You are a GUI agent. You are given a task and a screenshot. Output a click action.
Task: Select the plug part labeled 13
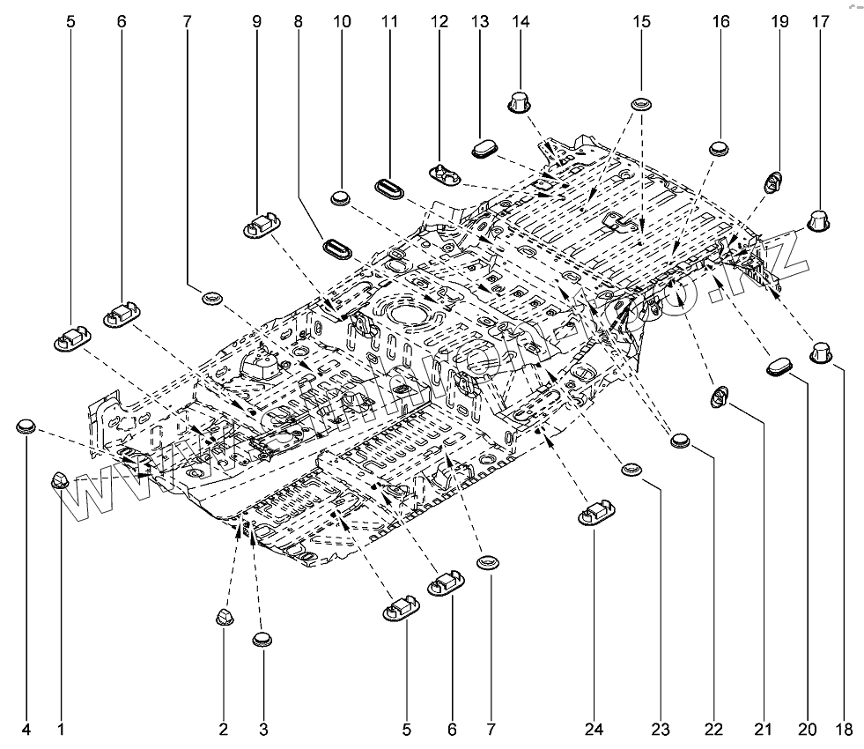coord(486,147)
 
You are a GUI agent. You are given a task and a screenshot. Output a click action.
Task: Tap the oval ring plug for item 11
coord(388,188)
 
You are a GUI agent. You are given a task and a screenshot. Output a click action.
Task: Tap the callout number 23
coord(661,730)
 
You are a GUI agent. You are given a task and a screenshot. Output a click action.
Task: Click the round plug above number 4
coord(26,427)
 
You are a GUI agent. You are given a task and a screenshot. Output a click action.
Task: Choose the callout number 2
coord(223,730)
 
